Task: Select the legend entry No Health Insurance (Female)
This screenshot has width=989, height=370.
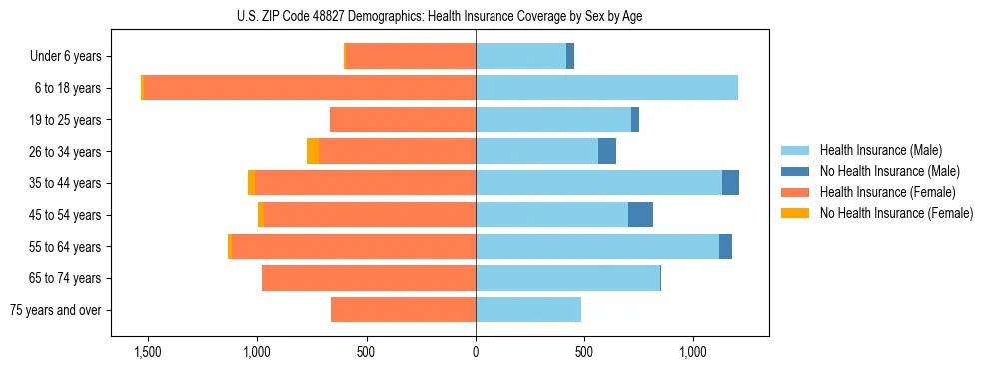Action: point(896,213)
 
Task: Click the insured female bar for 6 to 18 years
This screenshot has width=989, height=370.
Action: point(309,88)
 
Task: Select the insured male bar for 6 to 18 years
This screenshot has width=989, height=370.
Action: point(606,88)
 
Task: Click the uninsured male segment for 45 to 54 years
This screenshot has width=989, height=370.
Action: point(640,215)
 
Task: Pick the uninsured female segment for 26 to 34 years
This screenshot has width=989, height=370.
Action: point(313,151)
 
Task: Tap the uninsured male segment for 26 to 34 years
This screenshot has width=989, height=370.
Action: point(607,151)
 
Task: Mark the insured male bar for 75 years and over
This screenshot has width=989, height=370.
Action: point(528,310)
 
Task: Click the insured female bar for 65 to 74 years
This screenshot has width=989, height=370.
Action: point(369,278)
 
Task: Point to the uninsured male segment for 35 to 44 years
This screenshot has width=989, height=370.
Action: point(730,183)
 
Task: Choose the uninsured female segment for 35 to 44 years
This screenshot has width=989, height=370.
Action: point(251,183)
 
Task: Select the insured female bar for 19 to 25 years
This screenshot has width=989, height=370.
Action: point(403,120)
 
